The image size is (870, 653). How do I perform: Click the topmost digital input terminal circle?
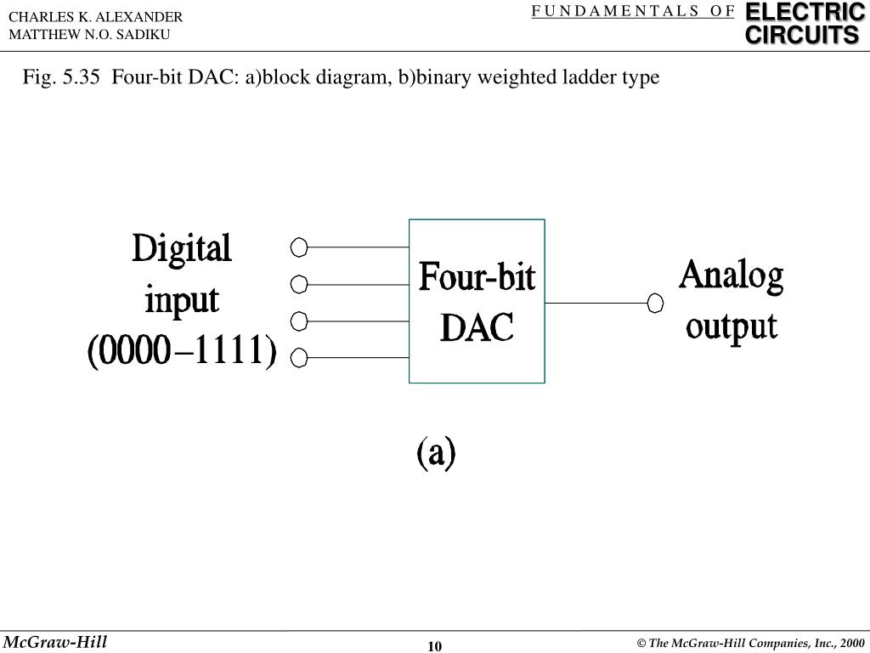[298, 247]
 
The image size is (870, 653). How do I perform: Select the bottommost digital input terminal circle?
[298, 359]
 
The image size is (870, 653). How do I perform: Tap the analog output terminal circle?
[655, 303]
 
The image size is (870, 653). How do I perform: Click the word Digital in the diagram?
[182, 249]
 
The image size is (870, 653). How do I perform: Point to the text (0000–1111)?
[182, 352]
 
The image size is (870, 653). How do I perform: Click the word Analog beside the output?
[731, 278]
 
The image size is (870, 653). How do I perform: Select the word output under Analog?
[731, 327]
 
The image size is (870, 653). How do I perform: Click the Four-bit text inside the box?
[477, 278]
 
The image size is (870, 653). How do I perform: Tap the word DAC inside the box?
[477, 326]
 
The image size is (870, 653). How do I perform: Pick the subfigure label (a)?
[436, 453]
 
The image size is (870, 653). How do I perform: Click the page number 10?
[435, 646]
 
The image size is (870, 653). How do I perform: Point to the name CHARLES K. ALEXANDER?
[95, 17]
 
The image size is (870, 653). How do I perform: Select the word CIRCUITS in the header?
[803, 36]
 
